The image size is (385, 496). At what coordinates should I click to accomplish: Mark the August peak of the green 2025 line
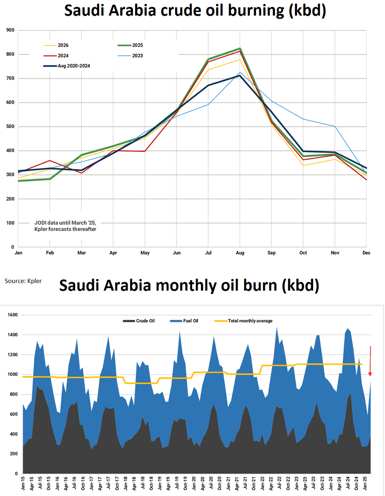point(240,49)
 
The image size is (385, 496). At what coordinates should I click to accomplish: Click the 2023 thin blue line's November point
point(335,126)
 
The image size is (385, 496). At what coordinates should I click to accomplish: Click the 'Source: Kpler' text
point(23,281)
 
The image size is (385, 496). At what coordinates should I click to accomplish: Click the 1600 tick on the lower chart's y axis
point(12,315)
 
